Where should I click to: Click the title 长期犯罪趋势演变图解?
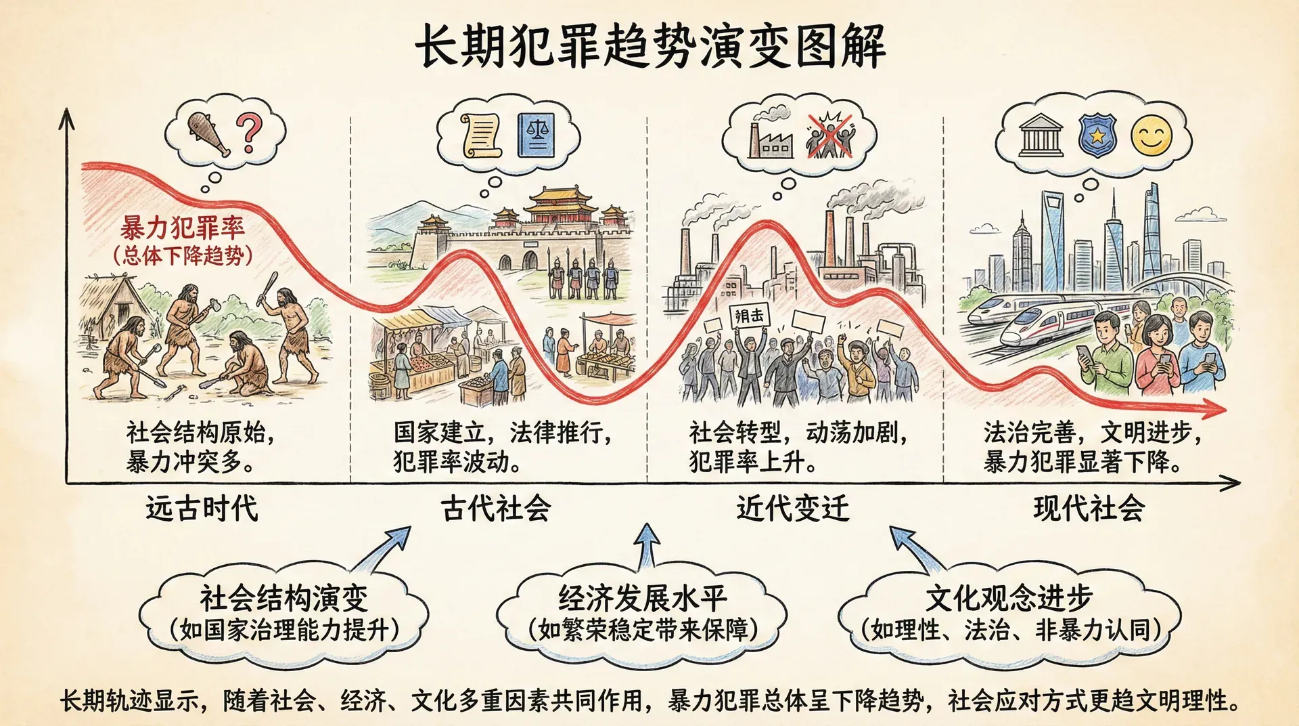pos(649,45)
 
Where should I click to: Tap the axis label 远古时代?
pos(202,508)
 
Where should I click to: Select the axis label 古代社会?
pos(496,508)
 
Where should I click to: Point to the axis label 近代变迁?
pos(792,508)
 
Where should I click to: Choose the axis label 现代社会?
pos(1089,508)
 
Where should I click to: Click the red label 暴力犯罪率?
pos(183,228)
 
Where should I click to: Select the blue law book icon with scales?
pos(536,135)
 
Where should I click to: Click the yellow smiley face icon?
pos(1151,136)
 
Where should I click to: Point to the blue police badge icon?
pos(1097,136)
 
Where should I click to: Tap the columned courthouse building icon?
pos(1041,136)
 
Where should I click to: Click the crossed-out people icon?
pos(830,136)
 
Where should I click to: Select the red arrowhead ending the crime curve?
pos(1215,408)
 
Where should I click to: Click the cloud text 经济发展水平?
pos(642,598)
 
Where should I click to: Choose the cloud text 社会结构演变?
pos(284,598)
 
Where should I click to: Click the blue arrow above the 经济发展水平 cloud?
pos(647,545)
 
